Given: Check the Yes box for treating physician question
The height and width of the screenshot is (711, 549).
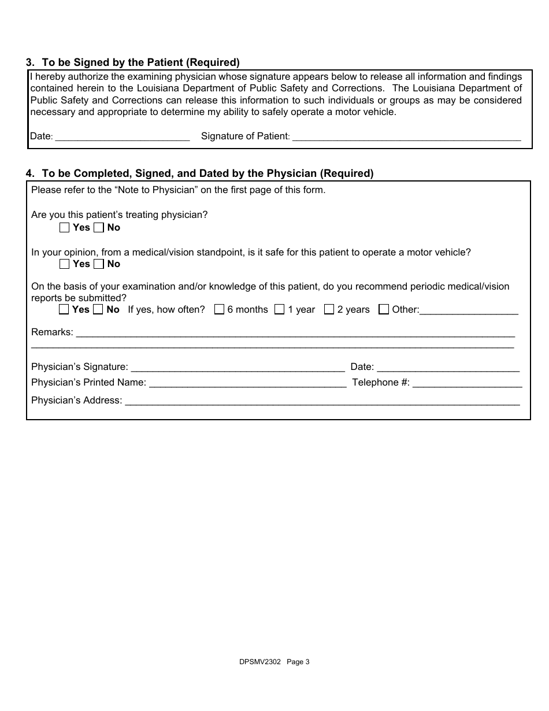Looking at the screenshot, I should tap(64, 228).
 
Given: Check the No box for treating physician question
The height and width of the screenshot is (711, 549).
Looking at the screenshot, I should tap(99, 228).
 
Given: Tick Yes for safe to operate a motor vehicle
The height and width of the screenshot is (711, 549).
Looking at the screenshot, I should tap(64, 264).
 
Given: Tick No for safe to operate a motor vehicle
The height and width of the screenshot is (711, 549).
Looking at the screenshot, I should tap(99, 264).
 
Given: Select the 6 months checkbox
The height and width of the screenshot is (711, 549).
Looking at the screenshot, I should tap(219, 310).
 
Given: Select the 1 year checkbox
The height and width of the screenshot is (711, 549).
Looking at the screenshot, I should tap(280, 310).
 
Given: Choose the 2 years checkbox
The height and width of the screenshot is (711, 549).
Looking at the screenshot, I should tap(329, 310).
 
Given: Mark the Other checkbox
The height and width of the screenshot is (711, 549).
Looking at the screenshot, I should tap(384, 310).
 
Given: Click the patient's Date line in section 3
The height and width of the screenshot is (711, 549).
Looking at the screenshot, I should tap(123, 138).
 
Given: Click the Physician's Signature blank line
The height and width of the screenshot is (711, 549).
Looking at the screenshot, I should tap(238, 368).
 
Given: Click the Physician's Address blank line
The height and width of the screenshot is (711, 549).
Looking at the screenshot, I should tap(322, 401).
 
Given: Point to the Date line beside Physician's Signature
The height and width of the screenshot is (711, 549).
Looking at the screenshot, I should tap(448, 368).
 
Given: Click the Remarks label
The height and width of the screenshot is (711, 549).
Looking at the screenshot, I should tap(52, 332).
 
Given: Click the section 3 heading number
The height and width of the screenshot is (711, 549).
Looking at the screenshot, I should tap(29, 62).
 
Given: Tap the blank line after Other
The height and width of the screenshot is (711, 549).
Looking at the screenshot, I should tap(469, 310).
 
